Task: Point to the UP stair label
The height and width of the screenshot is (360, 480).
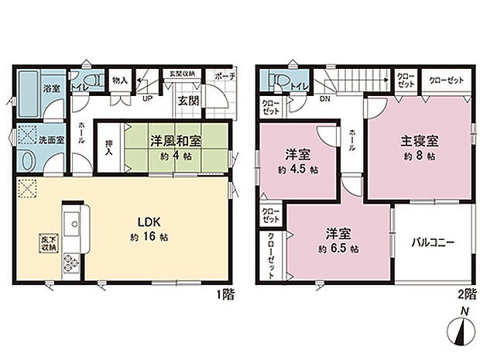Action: (x=146, y=98)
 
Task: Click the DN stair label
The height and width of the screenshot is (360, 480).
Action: (x=324, y=98)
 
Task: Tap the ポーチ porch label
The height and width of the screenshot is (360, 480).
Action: (x=226, y=76)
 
